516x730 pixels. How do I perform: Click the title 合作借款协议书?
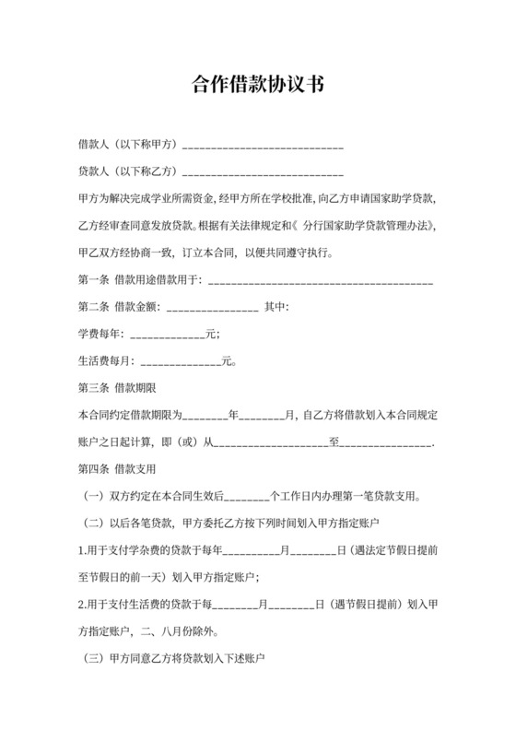(x=258, y=85)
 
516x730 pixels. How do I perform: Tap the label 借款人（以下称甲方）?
(x=129, y=146)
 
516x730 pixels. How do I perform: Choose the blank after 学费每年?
(x=165, y=335)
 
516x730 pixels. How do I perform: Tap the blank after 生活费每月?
(x=180, y=362)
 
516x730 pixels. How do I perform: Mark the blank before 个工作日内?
(x=246, y=498)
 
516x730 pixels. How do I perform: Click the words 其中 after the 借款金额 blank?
(x=277, y=307)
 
